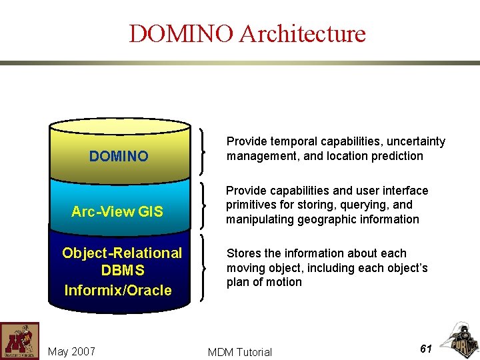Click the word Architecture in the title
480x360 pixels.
303,33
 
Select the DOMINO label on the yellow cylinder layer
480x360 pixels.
119,157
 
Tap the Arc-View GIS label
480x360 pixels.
117,212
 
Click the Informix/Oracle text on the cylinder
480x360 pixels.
118,290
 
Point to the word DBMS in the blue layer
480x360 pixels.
122,271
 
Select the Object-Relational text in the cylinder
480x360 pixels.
122,253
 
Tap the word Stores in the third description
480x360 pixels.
243,253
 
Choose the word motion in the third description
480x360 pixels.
284,282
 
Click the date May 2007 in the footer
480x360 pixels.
72,351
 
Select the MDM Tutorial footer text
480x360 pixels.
240,352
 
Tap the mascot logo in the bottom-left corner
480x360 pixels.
19,341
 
